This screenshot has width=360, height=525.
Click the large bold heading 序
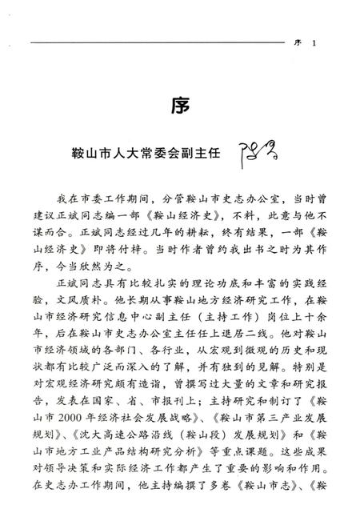point(179,106)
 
